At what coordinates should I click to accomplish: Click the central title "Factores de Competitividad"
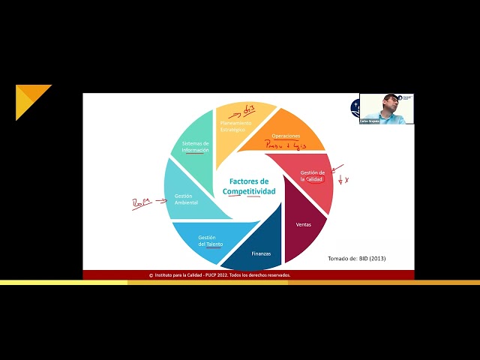point(249,187)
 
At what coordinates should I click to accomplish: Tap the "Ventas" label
point(304,224)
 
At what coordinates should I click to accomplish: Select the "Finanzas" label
point(261,253)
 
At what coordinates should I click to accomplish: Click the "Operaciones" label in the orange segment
point(286,136)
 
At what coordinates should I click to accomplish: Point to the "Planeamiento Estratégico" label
point(233,125)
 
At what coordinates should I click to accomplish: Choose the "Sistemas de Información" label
point(195,146)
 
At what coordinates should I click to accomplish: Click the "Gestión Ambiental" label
point(187,199)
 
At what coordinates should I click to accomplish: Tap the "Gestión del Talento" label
point(212,241)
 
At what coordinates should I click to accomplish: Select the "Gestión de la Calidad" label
point(312,176)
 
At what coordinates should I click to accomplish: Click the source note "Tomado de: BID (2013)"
point(357,259)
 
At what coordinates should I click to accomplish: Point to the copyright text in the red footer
point(219,275)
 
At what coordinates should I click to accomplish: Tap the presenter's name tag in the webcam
point(370,121)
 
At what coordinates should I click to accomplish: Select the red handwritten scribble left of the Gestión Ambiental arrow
point(140,203)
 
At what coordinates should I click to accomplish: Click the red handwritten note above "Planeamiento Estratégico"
point(249,109)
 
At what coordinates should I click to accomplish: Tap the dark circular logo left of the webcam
point(355,108)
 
